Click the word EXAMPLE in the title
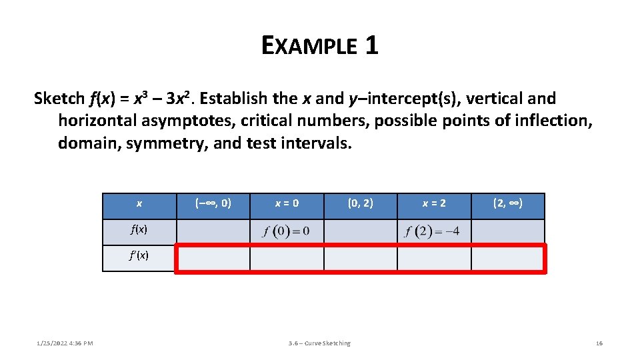click(309, 46)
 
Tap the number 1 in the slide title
click(371, 46)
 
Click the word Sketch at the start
click(59, 99)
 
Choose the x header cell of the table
click(139, 204)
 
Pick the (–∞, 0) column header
click(213, 203)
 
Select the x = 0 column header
click(287, 203)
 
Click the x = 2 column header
click(434, 203)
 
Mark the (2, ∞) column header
click(508, 203)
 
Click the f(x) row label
click(139, 229)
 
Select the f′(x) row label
click(139, 255)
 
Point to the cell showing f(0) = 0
click(287, 232)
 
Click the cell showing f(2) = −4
click(434, 232)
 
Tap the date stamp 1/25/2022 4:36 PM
click(64, 343)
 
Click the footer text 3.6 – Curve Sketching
click(319, 343)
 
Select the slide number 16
click(599, 343)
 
